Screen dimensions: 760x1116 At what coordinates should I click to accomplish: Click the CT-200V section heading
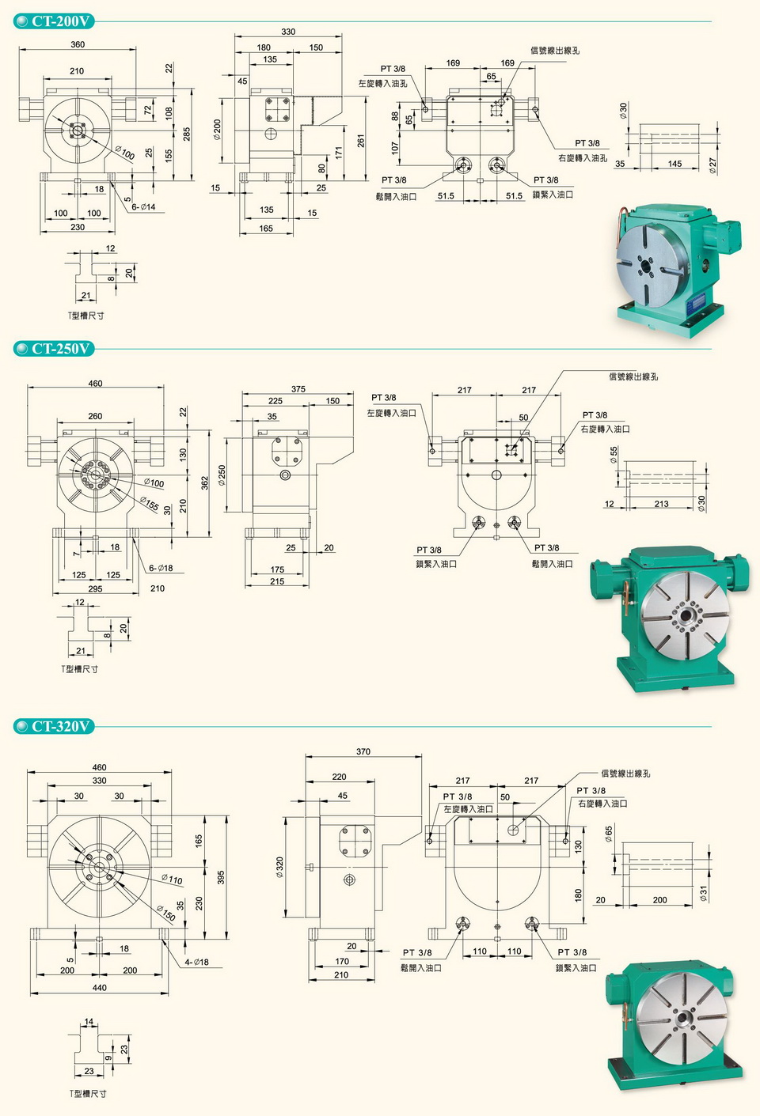click(60, 21)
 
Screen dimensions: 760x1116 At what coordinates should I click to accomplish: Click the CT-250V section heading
click(60, 348)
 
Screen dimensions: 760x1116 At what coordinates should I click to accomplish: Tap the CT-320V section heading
click(60, 726)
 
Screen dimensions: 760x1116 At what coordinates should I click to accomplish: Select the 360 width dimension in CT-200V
click(78, 44)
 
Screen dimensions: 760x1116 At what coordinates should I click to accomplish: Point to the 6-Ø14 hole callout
click(143, 206)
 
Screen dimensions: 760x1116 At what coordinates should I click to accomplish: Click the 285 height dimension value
click(186, 134)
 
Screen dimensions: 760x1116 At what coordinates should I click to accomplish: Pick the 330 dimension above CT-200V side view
click(288, 32)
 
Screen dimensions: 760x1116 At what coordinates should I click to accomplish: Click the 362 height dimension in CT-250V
click(205, 482)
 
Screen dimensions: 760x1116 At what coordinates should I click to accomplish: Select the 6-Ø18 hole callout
click(161, 567)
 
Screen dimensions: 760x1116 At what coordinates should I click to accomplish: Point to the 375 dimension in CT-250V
click(298, 388)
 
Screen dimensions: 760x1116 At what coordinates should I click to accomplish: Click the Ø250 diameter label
click(222, 475)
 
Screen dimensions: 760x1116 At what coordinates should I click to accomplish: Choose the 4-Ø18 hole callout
click(196, 962)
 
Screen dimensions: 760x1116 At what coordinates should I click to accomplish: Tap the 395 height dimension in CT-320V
click(221, 877)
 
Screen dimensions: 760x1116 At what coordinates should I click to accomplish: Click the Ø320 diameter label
click(279, 868)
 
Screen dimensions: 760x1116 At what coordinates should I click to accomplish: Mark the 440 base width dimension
click(99, 987)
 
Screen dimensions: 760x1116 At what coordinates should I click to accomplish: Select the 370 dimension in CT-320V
click(363, 751)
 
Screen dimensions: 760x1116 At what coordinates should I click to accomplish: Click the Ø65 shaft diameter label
click(609, 833)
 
